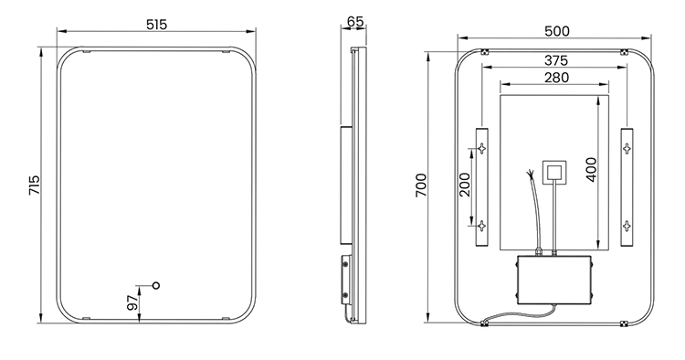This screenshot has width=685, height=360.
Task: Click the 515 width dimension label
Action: [x=156, y=26]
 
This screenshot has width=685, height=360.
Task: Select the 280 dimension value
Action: [x=554, y=78]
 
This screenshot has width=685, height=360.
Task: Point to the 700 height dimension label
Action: [x=421, y=185]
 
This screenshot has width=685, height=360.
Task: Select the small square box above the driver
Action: [x=554, y=171]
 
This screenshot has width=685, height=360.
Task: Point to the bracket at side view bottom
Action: [x=346, y=284]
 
